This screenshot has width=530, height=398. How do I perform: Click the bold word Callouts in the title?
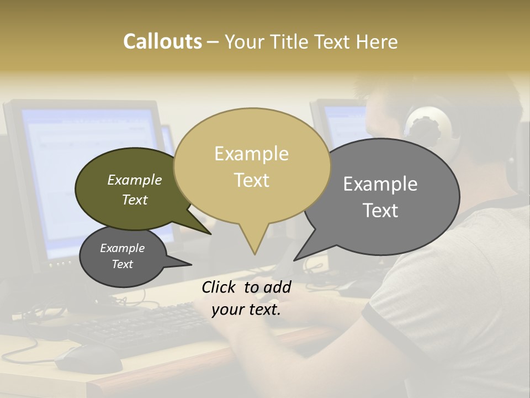click(x=162, y=41)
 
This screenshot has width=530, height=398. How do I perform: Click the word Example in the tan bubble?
click(x=251, y=154)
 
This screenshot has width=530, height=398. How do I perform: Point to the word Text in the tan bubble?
click(x=251, y=180)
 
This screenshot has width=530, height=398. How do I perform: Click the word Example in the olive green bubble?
click(x=134, y=180)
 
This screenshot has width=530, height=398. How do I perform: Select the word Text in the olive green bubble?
click(x=134, y=200)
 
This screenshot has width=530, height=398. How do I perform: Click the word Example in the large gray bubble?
click(x=380, y=184)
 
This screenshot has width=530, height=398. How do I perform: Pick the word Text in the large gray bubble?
click(x=380, y=211)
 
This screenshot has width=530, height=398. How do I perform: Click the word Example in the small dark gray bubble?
click(x=122, y=248)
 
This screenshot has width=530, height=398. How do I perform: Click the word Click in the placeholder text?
click(x=220, y=287)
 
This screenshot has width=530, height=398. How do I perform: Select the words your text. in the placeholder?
click(x=246, y=310)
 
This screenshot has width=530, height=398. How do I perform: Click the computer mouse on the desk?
click(x=88, y=359)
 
